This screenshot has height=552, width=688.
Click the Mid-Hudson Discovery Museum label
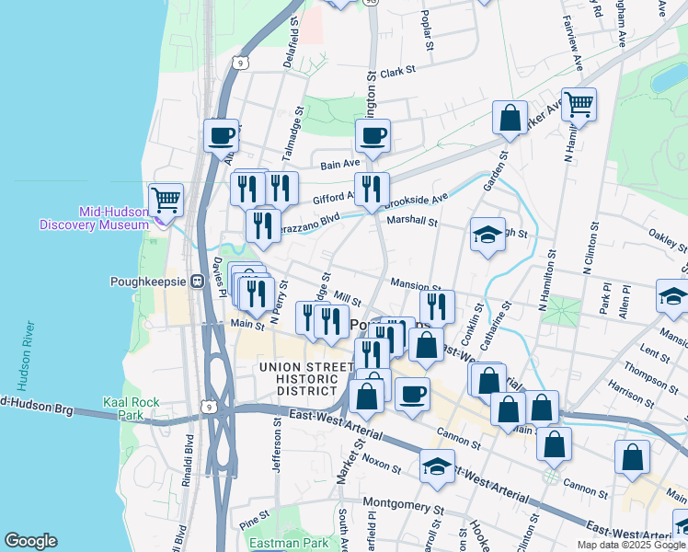(x=94, y=217)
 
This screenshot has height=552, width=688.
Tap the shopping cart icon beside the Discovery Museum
(x=166, y=198)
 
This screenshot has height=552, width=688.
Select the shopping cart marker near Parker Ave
(x=579, y=105)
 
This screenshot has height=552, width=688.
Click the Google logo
(x=31, y=541)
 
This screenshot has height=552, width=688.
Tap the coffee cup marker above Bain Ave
(x=373, y=136)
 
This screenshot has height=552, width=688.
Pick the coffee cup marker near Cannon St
(x=413, y=393)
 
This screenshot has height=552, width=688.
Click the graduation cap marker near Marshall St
(x=487, y=235)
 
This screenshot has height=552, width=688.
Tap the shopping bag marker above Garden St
(x=510, y=118)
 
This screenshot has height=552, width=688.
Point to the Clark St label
(x=398, y=70)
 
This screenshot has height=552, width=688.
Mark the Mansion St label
(x=416, y=285)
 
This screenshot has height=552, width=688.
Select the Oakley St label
(x=667, y=241)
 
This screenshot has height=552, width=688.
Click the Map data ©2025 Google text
(x=630, y=545)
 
